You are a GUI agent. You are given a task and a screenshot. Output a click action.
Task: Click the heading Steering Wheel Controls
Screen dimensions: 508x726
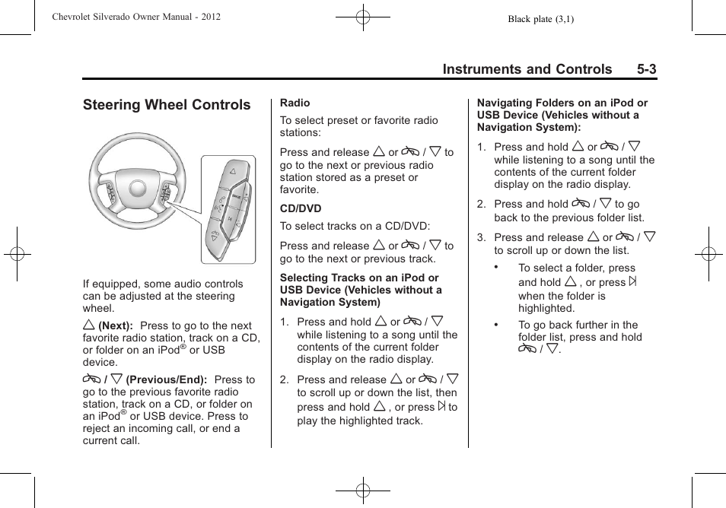click(x=167, y=105)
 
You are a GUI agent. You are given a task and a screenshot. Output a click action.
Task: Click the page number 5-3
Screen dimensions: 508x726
click(x=647, y=69)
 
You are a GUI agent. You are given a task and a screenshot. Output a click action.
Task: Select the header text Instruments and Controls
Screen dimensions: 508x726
click(x=527, y=69)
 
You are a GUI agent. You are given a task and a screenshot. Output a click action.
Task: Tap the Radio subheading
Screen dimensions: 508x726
click(x=295, y=103)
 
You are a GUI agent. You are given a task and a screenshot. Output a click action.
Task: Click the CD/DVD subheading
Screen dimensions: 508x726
click(x=301, y=208)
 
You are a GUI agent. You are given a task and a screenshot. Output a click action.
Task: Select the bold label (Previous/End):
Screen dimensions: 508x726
click(x=167, y=379)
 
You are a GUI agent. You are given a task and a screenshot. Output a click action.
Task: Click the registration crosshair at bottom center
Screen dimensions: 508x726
click(x=363, y=491)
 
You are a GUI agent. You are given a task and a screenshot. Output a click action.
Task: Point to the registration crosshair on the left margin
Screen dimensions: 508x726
click(x=16, y=254)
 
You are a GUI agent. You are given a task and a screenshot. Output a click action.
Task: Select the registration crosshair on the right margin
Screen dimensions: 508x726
click(x=708, y=254)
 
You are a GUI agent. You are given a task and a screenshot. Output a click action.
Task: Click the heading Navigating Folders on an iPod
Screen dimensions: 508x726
click(x=562, y=115)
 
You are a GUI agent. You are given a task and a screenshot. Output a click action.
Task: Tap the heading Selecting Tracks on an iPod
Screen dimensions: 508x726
click(x=361, y=290)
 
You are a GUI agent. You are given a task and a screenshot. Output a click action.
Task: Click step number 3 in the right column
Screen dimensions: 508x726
click(x=481, y=238)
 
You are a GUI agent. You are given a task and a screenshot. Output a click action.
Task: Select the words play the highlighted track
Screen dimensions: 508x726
click(x=360, y=421)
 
